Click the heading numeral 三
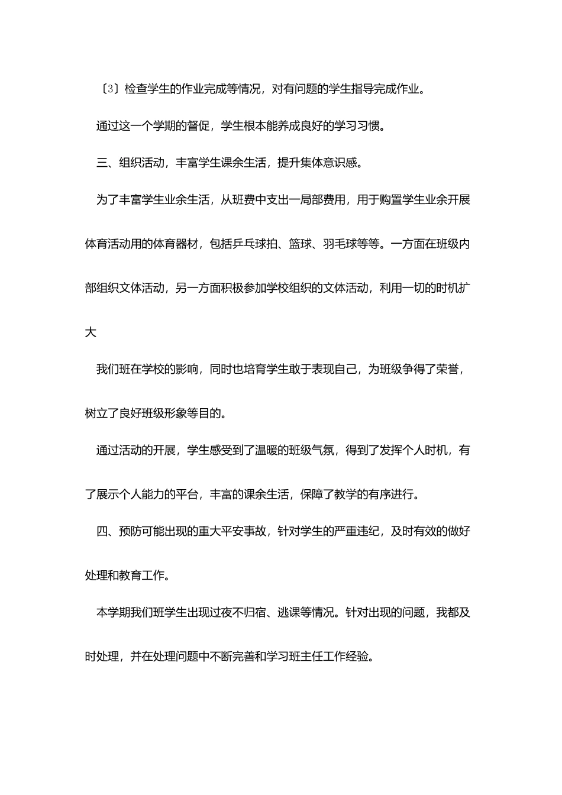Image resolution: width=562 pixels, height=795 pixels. click(102, 163)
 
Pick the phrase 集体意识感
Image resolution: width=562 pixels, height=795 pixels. click(329, 163)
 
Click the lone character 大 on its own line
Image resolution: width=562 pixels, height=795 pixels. click(91, 332)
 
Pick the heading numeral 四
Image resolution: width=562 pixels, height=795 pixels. click(102, 531)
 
